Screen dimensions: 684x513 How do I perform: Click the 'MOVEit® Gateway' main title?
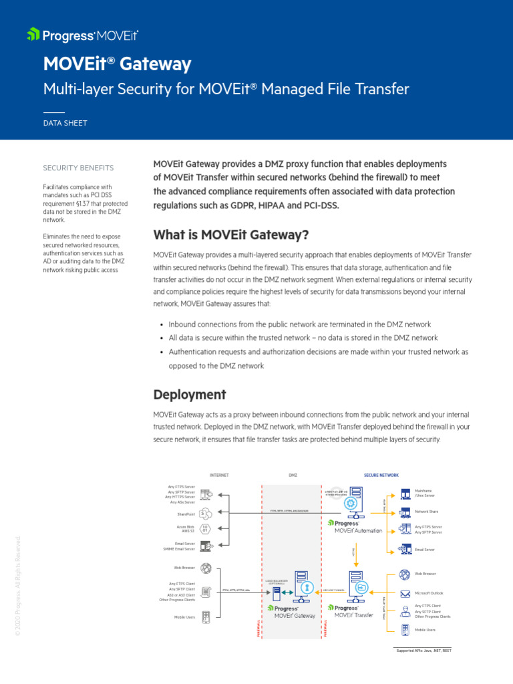(x=117, y=64)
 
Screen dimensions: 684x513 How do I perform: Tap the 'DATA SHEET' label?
(x=65, y=123)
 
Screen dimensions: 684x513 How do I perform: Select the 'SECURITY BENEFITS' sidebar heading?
(x=78, y=168)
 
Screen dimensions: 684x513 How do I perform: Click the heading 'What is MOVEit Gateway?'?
(x=231, y=235)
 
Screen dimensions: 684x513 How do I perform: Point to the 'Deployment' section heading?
(x=190, y=394)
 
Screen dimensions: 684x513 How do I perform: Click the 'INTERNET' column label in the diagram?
(x=219, y=475)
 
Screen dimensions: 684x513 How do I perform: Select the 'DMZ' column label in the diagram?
(x=293, y=475)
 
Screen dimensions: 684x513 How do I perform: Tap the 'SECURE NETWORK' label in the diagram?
(x=381, y=475)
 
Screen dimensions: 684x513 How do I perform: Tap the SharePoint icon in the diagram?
(x=206, y=514)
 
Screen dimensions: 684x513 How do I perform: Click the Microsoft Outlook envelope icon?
(x=405, y=593)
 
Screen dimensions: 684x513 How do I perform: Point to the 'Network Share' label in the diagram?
(x=426, y=511)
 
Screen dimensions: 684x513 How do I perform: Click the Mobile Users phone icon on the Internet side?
(x=206, y=617)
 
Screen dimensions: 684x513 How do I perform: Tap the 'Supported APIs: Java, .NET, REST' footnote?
(x=424, y=650)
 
